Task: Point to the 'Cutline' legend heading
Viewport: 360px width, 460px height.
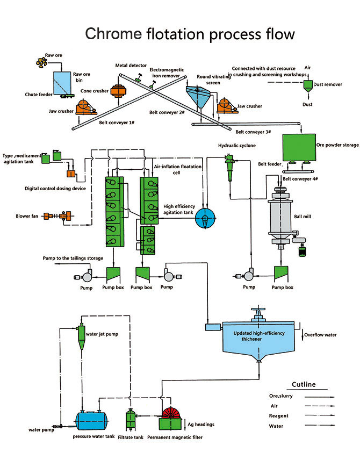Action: pos(304,384)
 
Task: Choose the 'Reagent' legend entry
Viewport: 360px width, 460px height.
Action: pos(278,416)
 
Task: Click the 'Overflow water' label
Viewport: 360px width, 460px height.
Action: pos(321,335)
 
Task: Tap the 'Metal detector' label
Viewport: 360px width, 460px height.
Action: pos(131,66)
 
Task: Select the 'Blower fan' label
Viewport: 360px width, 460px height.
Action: pos(26,217)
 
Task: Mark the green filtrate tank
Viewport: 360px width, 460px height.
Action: pos(129,419)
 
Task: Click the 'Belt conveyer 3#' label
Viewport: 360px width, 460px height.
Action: pos(254,132)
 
